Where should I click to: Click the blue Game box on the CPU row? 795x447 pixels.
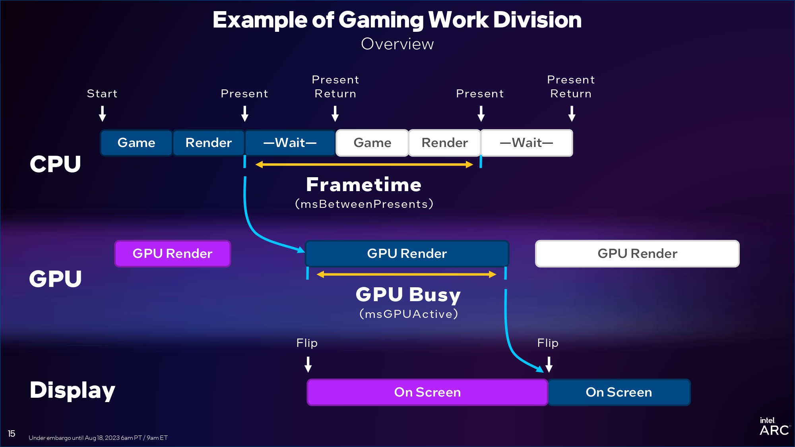click(x=136, y=143)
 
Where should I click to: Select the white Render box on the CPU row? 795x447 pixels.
click(x=444, y=143)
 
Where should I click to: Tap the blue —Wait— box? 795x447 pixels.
click(x=290, y=143)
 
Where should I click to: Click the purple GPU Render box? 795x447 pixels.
click(x=173, y=253)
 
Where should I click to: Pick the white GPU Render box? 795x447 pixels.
click(x=637, y=253)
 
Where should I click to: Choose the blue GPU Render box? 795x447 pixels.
click(x=407, y=253)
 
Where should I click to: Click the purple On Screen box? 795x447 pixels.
click(x=427, y=392)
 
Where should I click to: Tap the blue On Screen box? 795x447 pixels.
click(x=619, y=392)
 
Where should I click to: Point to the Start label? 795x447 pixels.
click(x=102, y=94)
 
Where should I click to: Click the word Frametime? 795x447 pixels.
click(x=364, y=185)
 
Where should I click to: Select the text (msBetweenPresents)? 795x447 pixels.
click(x=364, y=204)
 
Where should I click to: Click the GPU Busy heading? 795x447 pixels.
click(x=408, y=295)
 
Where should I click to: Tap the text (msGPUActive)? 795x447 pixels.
click(x=409, y=314)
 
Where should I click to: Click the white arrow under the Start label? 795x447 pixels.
click(x=102, y=114)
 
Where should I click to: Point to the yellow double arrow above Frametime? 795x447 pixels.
click(x=364, y=164)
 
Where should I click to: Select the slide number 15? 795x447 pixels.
click(x=12, y=433)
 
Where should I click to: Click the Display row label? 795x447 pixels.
click(x=72, y=390)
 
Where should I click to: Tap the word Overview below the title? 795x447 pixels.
click(x=397, y=44)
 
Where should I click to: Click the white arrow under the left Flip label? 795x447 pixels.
click(x=308, y=364)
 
